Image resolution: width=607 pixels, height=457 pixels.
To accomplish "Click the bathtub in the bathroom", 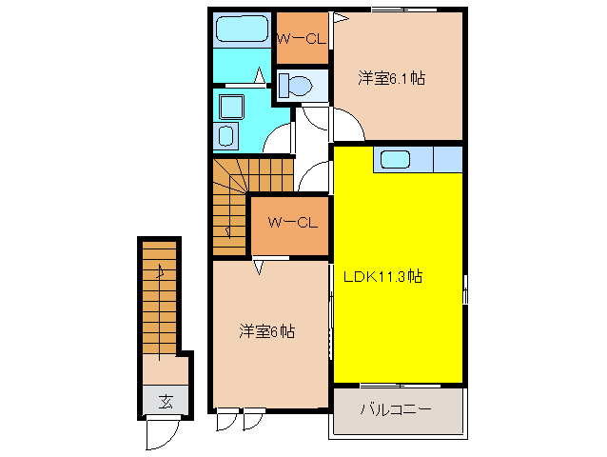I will [x=242, y=29].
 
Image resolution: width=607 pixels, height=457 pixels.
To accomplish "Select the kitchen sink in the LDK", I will [x=394, y=159].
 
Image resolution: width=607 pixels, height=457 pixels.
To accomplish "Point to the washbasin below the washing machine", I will [x=227, y=134].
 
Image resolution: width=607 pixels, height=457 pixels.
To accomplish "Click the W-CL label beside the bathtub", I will [x=301, y=38].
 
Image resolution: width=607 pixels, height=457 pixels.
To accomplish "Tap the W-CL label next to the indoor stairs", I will [x=290, y=223].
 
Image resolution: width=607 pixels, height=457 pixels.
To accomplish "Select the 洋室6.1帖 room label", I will [x=390, y=78].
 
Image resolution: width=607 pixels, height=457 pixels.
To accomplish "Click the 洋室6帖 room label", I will [x=266, y=331].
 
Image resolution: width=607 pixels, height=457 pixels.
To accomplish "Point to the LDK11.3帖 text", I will [x=382, y=277].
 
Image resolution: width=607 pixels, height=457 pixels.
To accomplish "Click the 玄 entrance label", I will [x=165, y=401].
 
